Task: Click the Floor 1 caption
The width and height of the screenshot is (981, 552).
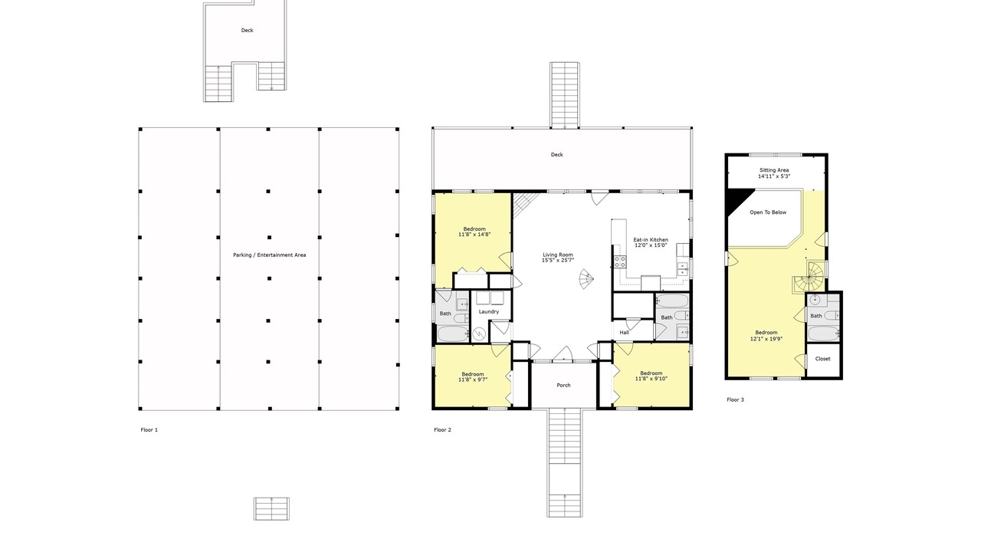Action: [x=149, y=430]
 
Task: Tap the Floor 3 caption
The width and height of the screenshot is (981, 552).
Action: [x=735, y=399]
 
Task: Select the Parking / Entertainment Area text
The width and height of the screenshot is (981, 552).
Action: [x=269, y=255]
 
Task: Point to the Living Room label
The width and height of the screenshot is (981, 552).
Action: [x=557, y=255]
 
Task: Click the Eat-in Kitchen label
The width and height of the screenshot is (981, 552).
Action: [x=651, y=240]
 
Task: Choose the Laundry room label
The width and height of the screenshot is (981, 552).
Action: [x=489, y=312]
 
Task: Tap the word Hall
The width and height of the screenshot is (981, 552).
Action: [x=624, y=333]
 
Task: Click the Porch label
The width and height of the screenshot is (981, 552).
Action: [x=563, y=386]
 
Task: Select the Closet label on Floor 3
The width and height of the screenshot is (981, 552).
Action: [x=822, y=359]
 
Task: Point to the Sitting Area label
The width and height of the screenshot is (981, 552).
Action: [x=774, y=170]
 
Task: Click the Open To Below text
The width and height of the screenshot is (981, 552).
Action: [x=768, y=212]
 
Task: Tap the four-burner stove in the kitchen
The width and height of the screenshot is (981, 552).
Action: [x=620, y=262]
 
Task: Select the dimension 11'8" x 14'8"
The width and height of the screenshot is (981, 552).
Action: [x=474, y=235]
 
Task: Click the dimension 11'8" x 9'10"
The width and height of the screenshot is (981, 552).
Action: [x=651, y=379]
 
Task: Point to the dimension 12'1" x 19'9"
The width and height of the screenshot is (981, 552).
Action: [x=766, y=339]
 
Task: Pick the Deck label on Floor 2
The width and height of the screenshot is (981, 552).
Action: [x=556, y=155]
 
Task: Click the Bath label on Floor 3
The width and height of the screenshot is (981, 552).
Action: [x=816, y=316]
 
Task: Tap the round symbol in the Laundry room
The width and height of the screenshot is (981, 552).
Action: [x=480, y=333]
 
